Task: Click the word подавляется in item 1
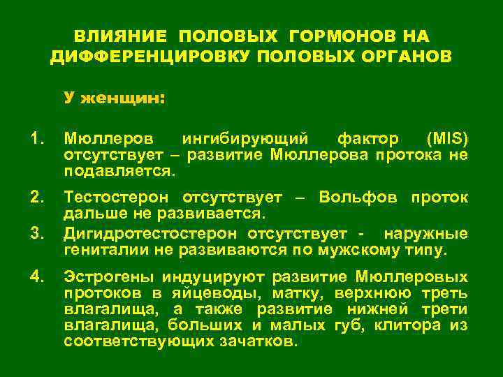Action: pyautogui.click(x=118, y=170)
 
